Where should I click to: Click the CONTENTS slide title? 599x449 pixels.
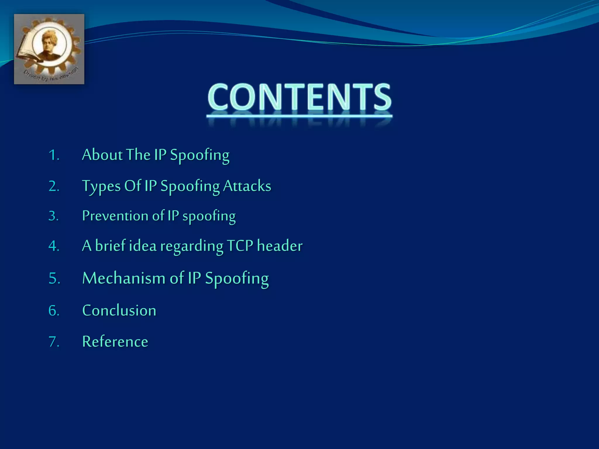(x=299, y=97)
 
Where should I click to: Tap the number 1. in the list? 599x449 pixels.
(x=54, y=155)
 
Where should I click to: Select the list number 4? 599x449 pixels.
(x=54, y=246)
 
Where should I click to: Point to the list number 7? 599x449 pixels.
(x=54, y=342)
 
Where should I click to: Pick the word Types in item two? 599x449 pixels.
(x=101, y=186)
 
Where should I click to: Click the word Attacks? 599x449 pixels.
(x=247, y=186)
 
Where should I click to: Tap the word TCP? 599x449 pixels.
(x=240, y=246)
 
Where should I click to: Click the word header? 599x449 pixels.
(x=280, y=246)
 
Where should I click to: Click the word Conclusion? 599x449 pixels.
(x=119, y=310)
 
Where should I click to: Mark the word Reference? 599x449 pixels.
(x=115, y=341)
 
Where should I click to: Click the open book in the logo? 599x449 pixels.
(x=28, y=53)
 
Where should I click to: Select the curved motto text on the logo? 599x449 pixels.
(x=51, y=75)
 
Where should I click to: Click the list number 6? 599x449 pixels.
(x=54, y=310)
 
